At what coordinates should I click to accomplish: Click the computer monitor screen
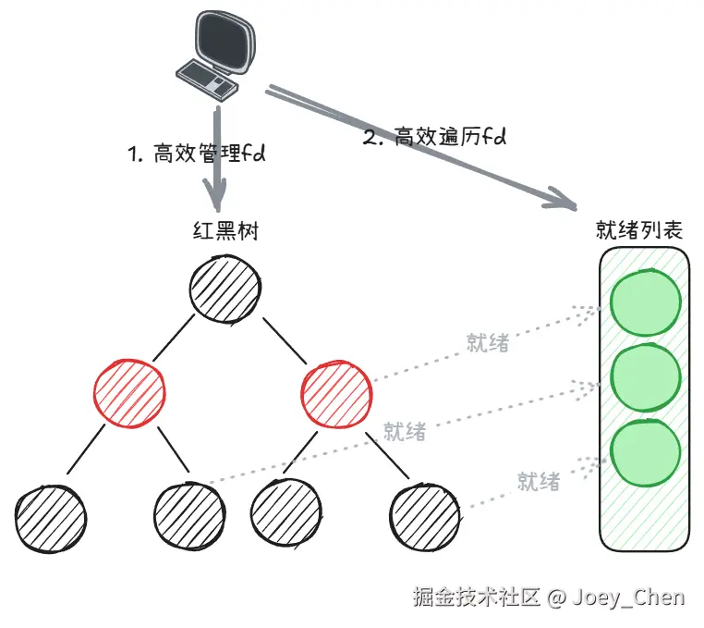[x=225, y=42]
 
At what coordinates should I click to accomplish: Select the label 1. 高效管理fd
[x=197, y=154]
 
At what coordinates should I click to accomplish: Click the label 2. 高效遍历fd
[x=434, y=137]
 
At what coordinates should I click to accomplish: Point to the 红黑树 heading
[x=225, y=231]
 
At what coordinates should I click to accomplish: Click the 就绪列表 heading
[x=639, y=229]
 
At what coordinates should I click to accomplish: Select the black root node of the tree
[x=225, y=289]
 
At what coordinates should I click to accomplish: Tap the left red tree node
[x=129, y=393]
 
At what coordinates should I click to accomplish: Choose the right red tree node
[x=336, y=393]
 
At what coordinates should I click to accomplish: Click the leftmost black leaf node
[x=51, y=518]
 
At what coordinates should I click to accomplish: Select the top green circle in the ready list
[x=645, y=302]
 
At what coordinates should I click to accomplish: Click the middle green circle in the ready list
[x=646, y=377]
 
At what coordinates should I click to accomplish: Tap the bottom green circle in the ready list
[x=645, y=452]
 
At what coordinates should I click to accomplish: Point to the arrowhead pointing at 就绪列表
[x=561, y=199]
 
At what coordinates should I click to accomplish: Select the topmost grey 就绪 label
[x=488, y=343]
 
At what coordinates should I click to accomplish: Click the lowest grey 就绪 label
[x=539, y=482]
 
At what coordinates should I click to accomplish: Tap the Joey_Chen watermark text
[x=628, y=597]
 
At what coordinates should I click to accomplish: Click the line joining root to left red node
[x=174, y=338]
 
